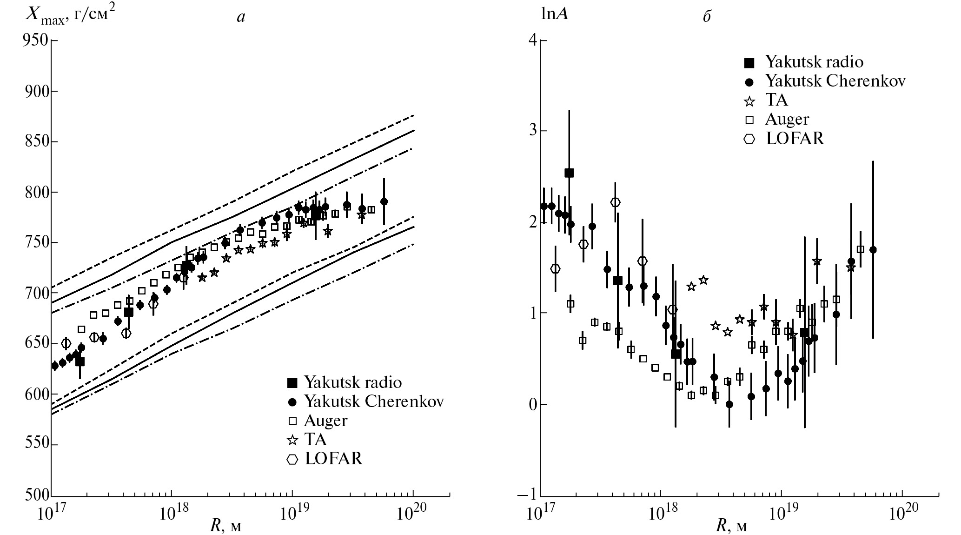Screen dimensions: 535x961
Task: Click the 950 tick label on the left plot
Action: (34, 40)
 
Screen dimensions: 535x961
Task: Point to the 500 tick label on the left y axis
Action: (34, 494)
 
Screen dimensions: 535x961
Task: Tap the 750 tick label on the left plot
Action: (34, 242)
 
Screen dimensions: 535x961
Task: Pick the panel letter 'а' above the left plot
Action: (240, 18)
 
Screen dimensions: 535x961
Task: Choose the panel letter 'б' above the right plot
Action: (707, 17)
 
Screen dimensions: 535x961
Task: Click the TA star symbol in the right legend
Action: (749, 100)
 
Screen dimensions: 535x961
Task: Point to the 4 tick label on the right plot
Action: (533, 40)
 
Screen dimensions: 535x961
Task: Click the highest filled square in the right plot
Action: (569, 173)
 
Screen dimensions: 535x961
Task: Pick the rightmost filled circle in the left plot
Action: (384, 201)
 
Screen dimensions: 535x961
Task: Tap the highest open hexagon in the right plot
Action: (616, 202)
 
